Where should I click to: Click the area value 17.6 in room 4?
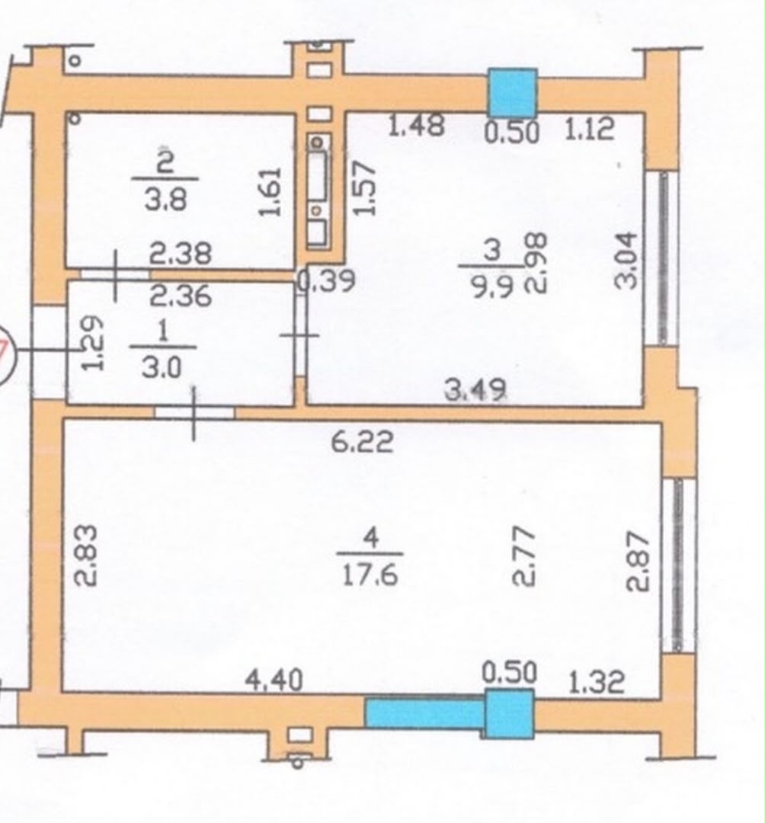(370, 575)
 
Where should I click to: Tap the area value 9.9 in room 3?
(492, 287)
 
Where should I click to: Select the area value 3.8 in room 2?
(166, 200)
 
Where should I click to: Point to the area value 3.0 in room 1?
(162, 367)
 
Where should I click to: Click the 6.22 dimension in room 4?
(362, 441)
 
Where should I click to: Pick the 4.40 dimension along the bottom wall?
(274, 680)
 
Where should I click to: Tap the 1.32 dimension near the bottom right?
(597, 682)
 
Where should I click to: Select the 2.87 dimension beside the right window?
(638, 562)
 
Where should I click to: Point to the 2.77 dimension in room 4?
(523, 556)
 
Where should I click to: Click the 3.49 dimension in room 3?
(475, 390)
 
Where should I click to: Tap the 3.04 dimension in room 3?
(626, 261)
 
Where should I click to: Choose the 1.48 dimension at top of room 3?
(416, 126)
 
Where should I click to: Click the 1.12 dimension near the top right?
(589, 129)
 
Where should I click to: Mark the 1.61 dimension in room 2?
(271, 191)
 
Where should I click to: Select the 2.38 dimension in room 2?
(181, 254)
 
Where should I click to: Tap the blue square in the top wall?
(513, 93)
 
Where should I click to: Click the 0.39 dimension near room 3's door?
(326, 280)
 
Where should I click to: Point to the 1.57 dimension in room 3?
(365, 188)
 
